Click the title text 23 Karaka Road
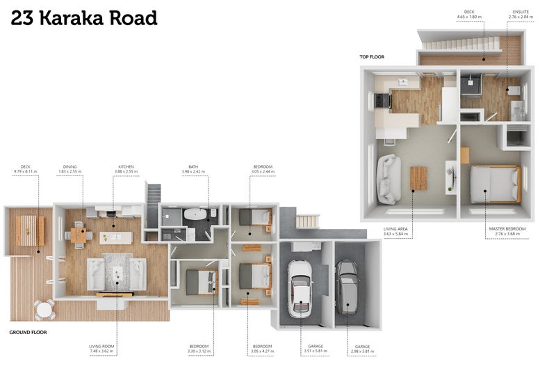[84, 18]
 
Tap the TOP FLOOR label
[372, 56]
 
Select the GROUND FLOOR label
[27, 333]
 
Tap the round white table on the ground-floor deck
[45, 308]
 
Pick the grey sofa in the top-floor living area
[387, 179]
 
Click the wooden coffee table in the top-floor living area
[418, 179]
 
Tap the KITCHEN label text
[126, 167]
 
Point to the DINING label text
[69, 167]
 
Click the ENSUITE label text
[521, 12]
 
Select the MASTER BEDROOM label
[507, 228]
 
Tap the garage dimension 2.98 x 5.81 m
[362, 351]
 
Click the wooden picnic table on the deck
[29, 229]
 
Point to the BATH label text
[194, 167]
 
